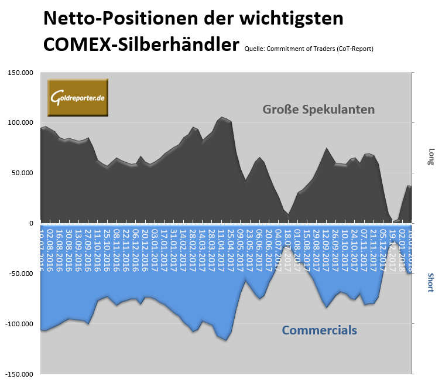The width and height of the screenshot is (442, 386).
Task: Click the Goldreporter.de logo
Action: [x=78, y=96]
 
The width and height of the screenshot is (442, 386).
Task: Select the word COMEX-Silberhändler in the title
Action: [x=141, y=44]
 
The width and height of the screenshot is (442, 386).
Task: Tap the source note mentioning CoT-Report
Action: [x=309, y=49]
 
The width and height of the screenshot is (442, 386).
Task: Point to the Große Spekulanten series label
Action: [x=318, y=110]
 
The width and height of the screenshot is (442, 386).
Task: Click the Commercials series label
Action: [x=319, y=330]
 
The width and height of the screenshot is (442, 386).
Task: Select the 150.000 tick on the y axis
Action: [x=19, y=73]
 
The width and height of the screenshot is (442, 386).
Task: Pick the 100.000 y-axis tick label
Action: [x=19, y=123]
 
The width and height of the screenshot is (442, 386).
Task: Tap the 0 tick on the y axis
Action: [x=32, y=223]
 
